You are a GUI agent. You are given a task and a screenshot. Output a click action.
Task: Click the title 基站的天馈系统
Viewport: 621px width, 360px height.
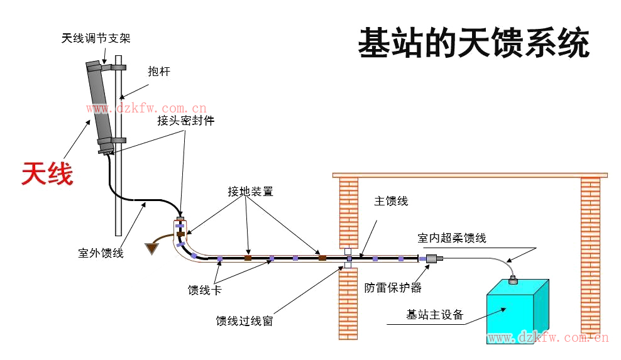point(473,43)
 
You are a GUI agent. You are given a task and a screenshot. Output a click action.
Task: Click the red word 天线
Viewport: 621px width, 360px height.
point(47,174)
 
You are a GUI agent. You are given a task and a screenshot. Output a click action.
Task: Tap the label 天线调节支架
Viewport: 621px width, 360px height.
point(96,38)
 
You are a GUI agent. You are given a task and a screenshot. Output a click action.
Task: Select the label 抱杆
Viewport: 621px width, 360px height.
point(159,72)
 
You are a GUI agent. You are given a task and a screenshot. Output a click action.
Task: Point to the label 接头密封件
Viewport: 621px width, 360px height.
point(185,121)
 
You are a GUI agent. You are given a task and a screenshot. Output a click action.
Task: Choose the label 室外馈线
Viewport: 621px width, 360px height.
point(101,253)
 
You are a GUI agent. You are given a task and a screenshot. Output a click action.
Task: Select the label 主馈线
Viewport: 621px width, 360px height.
point(391,201)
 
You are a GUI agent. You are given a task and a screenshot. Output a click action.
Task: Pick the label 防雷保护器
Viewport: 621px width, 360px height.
point(393,288)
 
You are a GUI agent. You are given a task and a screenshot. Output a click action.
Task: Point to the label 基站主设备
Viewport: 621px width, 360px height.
point(434,315)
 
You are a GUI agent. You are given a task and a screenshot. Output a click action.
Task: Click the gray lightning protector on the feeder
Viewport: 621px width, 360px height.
point(432,258)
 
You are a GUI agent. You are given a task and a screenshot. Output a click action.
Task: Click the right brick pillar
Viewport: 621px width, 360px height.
point(590,251)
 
